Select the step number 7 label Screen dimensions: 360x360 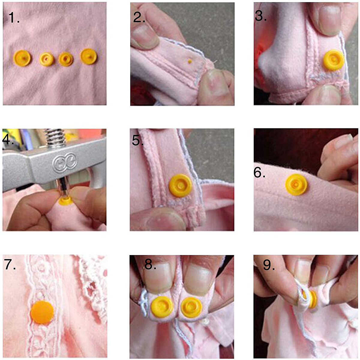pos(10,265)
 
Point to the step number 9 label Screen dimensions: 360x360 pos(269,265)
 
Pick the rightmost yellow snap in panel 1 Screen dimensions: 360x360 pos(88,56)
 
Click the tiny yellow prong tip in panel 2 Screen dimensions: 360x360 pos(190,61)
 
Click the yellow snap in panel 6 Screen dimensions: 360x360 pos(296,184)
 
